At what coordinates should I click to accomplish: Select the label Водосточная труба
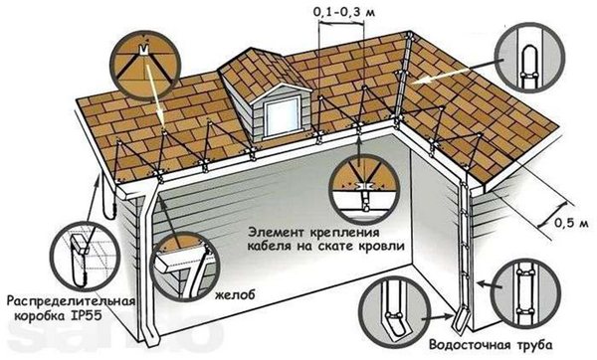pyautogui.click(x=496, y=348)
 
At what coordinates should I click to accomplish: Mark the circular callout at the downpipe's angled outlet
pyautogui.click(x=392, y=309)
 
